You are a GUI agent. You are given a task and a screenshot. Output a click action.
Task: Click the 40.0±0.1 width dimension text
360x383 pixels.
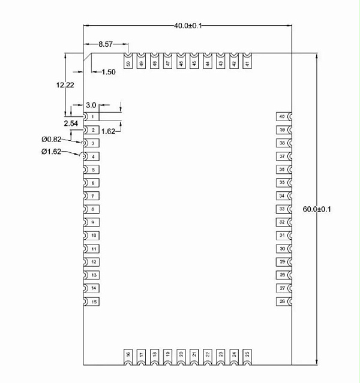pyautogui.click(x=188, y=26)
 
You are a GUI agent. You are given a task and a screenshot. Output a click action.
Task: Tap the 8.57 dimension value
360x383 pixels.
pyautogui.click(x=106, y=44)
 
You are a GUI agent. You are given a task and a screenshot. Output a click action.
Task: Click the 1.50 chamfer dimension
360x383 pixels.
pyautogui.click(x=108, y=72)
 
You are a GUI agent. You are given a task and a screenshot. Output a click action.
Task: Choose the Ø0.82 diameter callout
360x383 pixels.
pyautogui.click(x=52, y=139)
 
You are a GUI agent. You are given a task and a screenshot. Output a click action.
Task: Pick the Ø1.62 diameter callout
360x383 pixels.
pyautogui.click(x=52, y=152)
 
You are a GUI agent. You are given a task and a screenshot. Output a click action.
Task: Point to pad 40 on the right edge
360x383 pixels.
pyautogui.click(x=283, y=116)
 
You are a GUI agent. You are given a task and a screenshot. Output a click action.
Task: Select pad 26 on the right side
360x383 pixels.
pyautogui.click(x=283, y=301)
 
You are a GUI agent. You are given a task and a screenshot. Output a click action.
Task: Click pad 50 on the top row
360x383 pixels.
pyautogui.click(x=128, y=62)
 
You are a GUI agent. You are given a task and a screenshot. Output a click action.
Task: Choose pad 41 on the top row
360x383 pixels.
pyautogui.click(x=247, y=62)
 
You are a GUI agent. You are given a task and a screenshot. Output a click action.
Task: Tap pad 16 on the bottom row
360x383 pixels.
pyautogui.click(x=128, y=355)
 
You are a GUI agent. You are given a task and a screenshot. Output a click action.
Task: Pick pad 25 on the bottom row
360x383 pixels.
pyautogui.click(x=247, y=355)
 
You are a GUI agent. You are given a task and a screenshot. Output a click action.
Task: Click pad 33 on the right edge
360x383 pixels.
pyautogui.click(x=283, y=209)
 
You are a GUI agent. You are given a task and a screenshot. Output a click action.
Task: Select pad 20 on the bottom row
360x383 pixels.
pyautogui.click(x=181, y=355)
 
